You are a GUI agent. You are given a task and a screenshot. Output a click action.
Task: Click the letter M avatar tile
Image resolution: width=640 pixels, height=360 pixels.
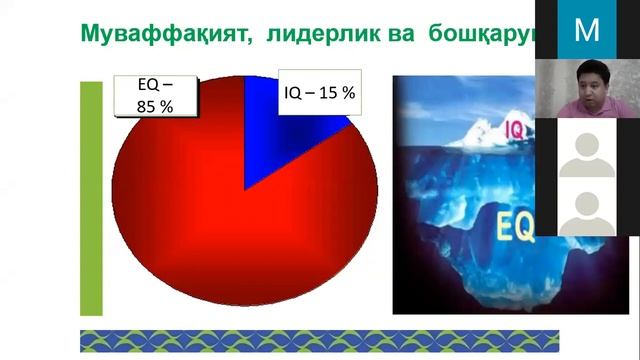[587, 30]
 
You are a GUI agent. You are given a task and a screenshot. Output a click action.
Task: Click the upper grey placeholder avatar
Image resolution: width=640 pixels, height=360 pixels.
[587, 150]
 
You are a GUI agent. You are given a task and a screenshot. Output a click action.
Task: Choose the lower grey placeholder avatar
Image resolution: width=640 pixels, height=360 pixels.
[587, 210]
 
